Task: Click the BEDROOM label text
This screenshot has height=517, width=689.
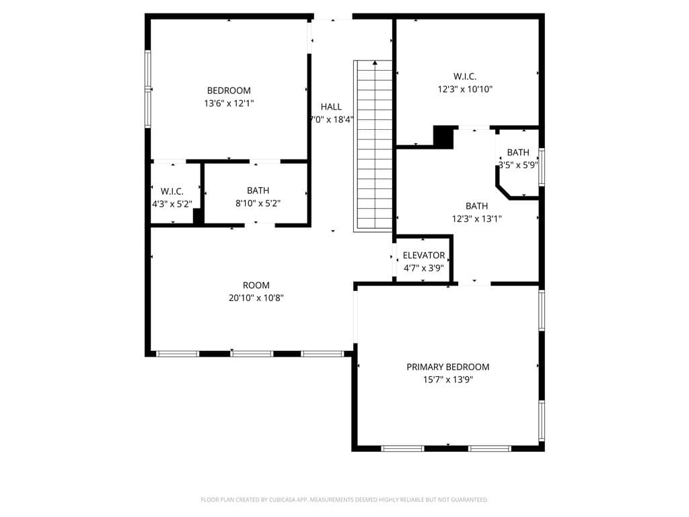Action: (229, 91)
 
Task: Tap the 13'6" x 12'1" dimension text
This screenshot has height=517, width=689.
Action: (229, 103)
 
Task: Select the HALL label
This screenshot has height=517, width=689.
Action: (331, 107)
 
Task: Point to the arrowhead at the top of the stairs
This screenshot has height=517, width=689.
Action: (375, 63)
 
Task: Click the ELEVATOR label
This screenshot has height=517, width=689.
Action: (424, 255)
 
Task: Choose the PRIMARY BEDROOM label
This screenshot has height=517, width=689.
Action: (447, 367)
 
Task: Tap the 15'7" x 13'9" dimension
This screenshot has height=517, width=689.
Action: (447, 380)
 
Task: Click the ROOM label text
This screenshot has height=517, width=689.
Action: (256, 285)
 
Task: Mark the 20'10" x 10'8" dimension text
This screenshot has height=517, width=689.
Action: (256, 298)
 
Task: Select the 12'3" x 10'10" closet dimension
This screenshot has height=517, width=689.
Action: (465, 90)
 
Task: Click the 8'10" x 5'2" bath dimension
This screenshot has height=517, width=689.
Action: (258, 203)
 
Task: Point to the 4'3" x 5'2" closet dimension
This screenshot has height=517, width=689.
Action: (172, 204)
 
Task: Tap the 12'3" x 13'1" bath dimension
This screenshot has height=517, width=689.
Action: (477, 219)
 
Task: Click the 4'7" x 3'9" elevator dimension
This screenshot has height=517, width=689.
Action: (424, 268)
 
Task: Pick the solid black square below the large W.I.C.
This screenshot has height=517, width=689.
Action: (443, 137)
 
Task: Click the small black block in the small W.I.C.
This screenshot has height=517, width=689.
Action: (198, 216)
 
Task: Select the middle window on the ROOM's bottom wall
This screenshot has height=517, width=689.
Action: (252, 353)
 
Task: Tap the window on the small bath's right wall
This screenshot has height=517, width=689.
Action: (542, 167)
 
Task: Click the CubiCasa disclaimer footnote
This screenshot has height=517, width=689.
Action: (344, 499)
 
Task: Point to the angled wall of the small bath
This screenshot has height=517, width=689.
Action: (503, 192)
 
